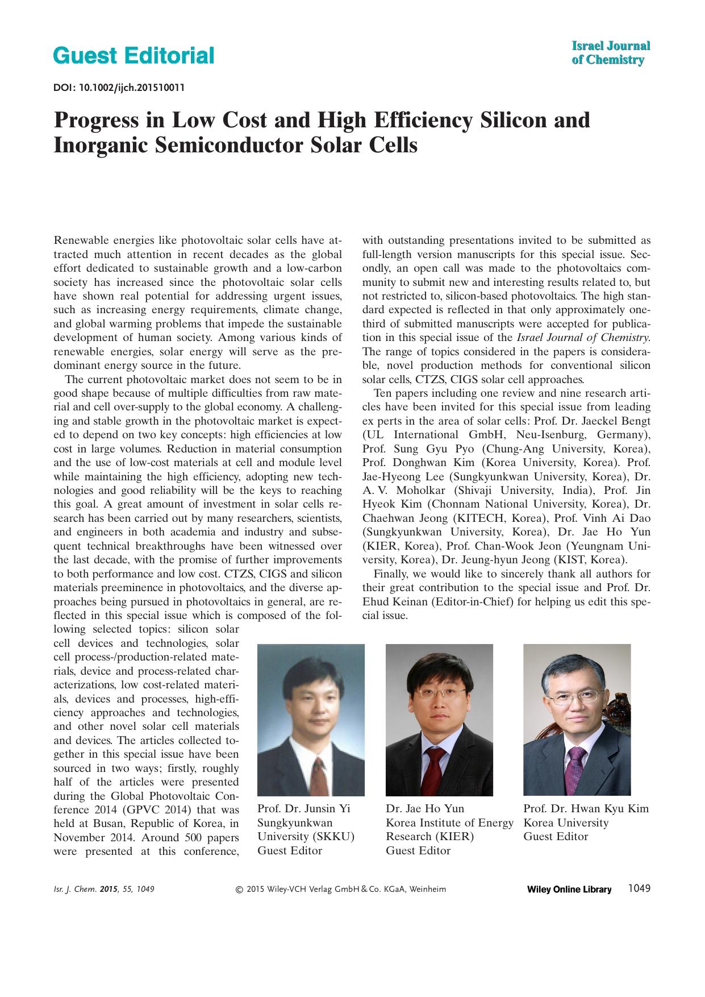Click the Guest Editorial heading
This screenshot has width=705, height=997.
point(134,56)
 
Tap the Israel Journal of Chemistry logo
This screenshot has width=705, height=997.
point(610,53)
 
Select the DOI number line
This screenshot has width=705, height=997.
point(119,88)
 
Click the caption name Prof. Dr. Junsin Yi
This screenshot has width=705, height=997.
point(304,809)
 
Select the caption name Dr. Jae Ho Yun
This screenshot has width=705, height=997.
point(425,809)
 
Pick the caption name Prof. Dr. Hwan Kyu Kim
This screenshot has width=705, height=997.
point(586,809)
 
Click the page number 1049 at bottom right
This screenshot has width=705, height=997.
point(639,888)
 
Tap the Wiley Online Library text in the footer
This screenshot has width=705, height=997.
point(569,890)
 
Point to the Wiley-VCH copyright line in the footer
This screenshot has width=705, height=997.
point(341,890)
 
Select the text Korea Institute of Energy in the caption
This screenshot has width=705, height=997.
point(449,822)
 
